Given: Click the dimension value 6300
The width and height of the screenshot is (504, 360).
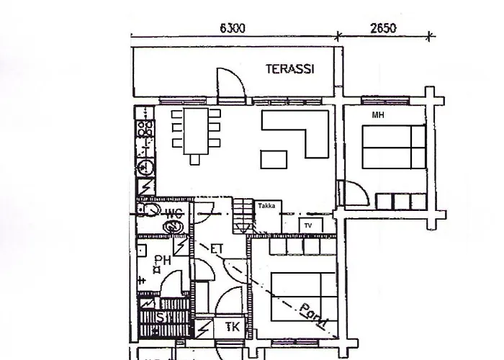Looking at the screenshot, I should (x=233, y=29).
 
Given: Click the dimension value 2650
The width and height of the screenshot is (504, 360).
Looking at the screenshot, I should (x=382, y=29).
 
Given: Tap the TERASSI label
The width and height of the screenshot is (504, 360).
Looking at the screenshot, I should (x=289, y=69).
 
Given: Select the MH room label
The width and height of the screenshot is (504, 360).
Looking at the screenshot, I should (x=377, y=115).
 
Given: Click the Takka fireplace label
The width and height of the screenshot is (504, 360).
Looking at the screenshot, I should (x=266, y=206).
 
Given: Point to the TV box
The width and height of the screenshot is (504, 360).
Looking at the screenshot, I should (x=309, y=225).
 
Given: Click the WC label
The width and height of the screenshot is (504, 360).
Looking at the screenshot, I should (x=173, y=214).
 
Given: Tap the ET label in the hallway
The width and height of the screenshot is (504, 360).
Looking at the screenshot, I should (x=216, y=249).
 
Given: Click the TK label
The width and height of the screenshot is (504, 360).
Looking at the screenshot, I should (x=233, y=328).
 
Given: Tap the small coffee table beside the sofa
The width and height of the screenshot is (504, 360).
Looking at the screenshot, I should (x=271, y=158).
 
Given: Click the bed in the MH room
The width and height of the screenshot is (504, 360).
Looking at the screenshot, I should (x=393, y=146).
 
